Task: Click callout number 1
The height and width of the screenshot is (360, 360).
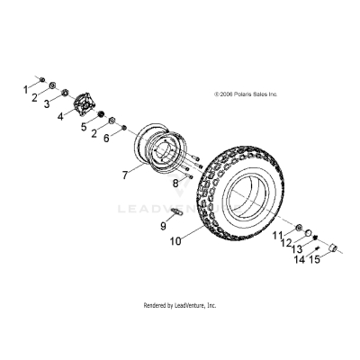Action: [x=25, y=88]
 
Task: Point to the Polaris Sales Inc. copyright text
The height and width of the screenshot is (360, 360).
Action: [x=246, y=93]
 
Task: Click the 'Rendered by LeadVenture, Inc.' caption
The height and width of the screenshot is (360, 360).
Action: [x=180, y=305]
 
